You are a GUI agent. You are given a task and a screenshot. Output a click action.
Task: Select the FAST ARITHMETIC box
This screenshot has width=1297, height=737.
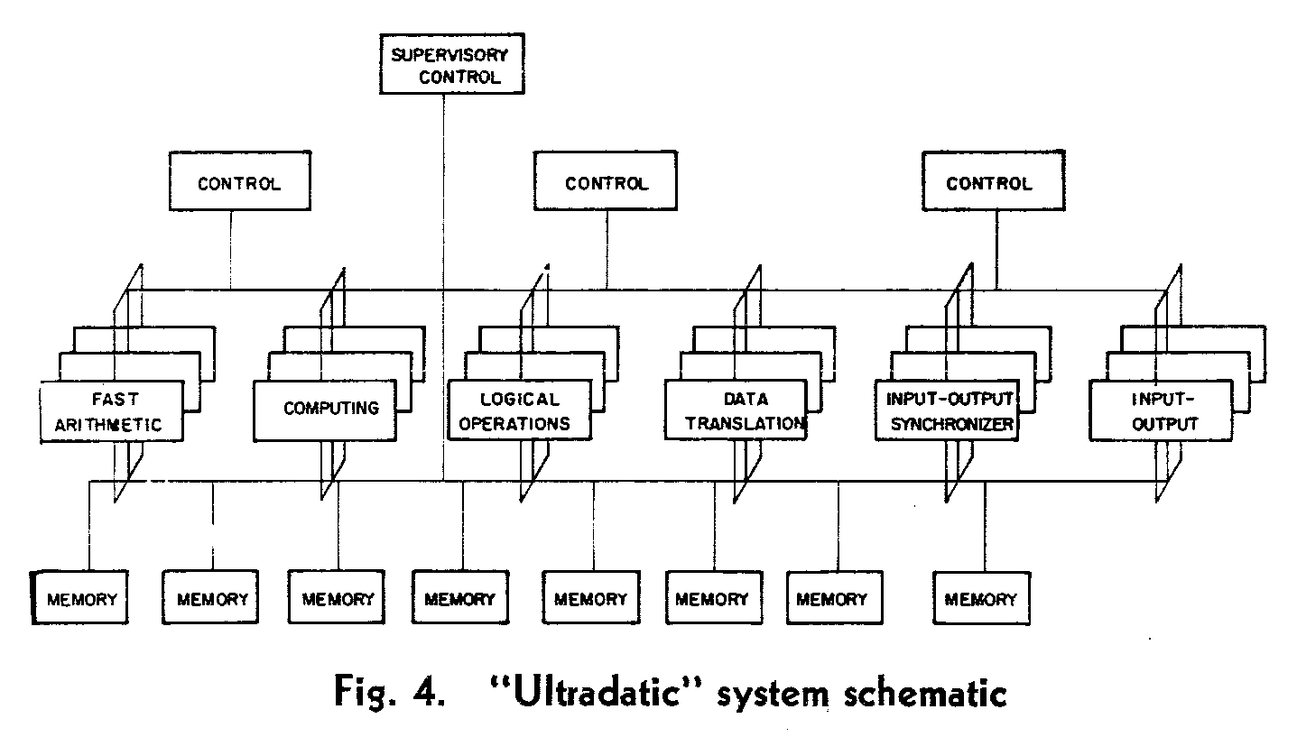112,412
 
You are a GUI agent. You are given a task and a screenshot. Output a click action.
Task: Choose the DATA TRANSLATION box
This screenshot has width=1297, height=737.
735,410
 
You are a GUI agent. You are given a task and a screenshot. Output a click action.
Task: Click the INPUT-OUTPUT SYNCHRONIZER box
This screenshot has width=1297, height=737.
947,411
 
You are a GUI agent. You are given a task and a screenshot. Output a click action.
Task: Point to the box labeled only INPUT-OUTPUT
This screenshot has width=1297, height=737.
1160,411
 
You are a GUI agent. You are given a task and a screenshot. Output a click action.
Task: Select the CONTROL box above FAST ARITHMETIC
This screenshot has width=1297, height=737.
238,184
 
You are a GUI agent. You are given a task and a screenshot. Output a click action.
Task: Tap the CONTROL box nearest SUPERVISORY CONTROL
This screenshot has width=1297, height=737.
606,184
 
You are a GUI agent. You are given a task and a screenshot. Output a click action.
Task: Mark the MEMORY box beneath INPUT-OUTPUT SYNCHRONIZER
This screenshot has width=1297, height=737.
980,599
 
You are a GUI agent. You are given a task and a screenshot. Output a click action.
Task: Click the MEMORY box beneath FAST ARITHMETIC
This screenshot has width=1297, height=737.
81,599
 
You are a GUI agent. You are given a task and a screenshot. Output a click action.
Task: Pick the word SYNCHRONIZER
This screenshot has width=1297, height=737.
948,424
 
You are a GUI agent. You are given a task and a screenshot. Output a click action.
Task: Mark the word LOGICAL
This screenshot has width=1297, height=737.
519,399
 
